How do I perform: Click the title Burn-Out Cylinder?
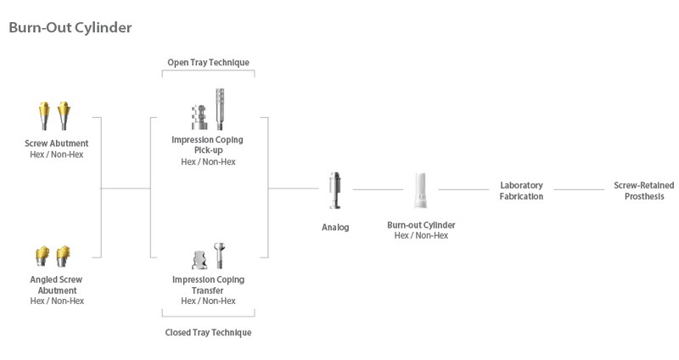click(x=70, y=28)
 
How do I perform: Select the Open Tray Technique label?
click(x=208, y=61)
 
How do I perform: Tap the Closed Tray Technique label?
click(x=208, y=332)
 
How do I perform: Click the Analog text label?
click(x=334, y=227)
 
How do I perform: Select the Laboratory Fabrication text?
click(x=521, y=190)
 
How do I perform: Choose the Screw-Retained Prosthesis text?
click(x=638, y=190)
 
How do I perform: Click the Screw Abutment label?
click(x=57, y=143)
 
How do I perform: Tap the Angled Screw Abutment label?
click(x=57, y=284)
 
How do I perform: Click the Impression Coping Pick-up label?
click(x=208, y=145)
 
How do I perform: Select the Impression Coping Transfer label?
click(x=208, y=284)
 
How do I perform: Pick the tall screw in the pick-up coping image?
click(x=219, y=108)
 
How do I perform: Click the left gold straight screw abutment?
click(x=46, y=114)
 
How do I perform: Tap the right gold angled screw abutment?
click(x=63, y=256)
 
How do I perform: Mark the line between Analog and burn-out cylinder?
click(x=377, y=189)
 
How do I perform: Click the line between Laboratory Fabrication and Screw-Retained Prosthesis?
click(x=579, y=189)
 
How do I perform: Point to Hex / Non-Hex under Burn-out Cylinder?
click(x=421, y=235)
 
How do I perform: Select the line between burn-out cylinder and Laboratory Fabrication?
click(x=463, y=189)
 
